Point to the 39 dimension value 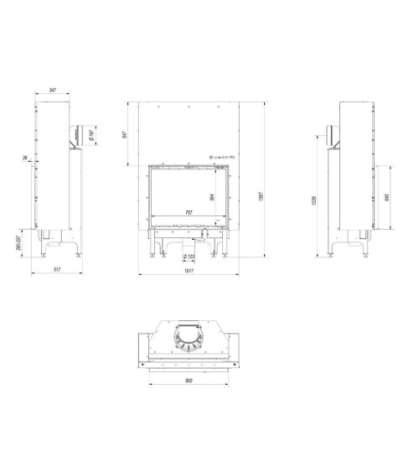point(28,157)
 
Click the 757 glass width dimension point(189,213)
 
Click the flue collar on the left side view point(76,133)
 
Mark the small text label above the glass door point(220,157)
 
